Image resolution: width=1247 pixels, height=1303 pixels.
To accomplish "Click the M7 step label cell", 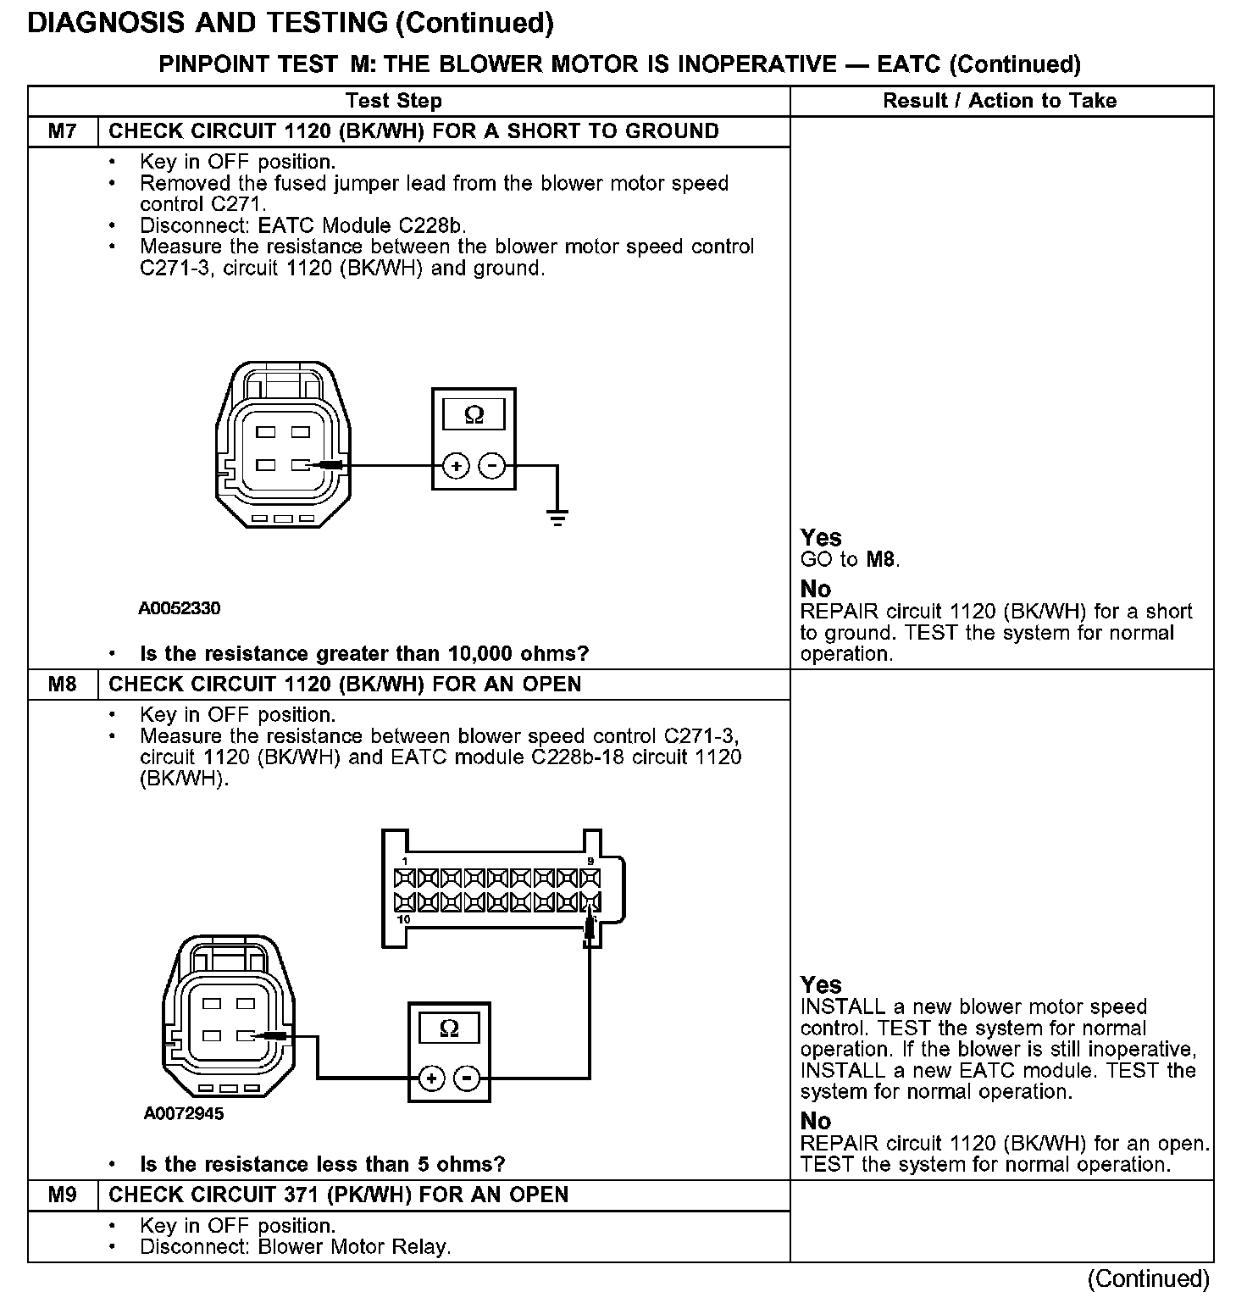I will [63, 131].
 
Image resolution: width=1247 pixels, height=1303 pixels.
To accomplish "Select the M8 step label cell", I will [63, 685].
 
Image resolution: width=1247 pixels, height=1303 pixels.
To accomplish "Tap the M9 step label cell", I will [63, 1195].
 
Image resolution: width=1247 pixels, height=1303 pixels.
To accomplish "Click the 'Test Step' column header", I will [393, 101].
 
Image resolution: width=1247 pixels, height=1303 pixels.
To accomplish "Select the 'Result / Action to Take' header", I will [1000, 101].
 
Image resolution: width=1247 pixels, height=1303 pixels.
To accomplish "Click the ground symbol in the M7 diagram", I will [557, 518].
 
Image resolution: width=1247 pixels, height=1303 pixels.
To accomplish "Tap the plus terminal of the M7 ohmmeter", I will [456, 466].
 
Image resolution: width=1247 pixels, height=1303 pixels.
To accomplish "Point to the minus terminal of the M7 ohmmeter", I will [492, 466].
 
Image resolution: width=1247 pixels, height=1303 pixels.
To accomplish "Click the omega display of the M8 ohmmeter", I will [450, 1029].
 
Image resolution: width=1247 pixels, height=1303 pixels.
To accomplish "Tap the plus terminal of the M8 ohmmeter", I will [431, 1078].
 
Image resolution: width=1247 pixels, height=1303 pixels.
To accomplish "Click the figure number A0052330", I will [180, 608].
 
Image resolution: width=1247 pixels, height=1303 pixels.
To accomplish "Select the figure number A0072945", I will [184, 1113].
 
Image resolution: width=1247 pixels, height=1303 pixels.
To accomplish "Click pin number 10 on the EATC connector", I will [404, 919].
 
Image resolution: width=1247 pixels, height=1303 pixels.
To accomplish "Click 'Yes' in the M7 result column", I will [821, 538].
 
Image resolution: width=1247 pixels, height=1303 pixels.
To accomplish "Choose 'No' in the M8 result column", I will [816, 1121].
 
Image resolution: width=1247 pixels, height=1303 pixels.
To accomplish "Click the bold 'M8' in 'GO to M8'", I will [881, 559].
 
